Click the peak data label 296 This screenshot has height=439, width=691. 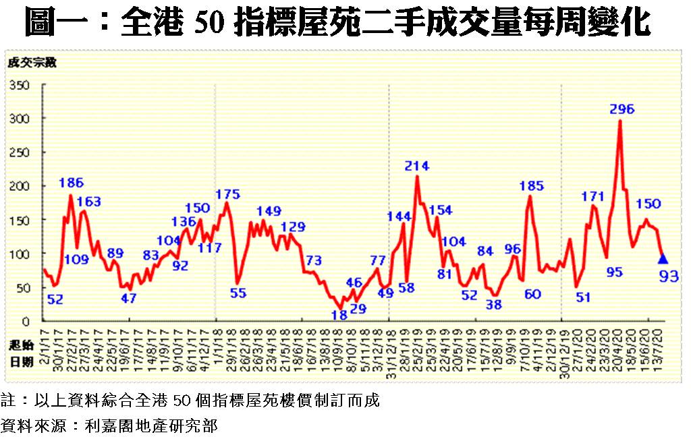[621, 109]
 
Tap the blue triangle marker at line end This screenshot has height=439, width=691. [663, 258]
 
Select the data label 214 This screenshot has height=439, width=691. [417, 166]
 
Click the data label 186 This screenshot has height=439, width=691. [71, 183]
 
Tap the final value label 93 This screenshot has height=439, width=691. [668, 276]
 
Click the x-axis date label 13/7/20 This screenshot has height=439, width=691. [661, 344]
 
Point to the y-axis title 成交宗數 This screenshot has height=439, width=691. [32, 63]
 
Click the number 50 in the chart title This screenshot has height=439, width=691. [209, 24]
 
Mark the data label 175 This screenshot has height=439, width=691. [227, 195]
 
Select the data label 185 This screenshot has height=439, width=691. [531, 185]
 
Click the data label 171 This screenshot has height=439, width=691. [592, 197]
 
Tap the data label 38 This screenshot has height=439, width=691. [494, 304]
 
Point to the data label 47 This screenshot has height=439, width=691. [129, 297]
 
